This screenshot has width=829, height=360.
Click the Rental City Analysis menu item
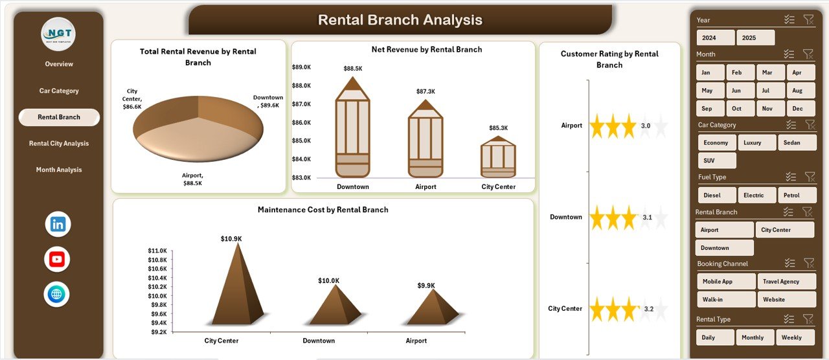pos(59,144)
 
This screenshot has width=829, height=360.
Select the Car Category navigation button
pos(59,91)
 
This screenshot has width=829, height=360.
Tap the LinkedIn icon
pos(58,225)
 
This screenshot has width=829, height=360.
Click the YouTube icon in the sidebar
pos(57,260)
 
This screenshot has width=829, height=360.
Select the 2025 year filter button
pos(755,38)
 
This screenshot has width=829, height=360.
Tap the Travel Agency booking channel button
pos(787,282)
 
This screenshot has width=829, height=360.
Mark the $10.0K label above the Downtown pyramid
pos(328,280)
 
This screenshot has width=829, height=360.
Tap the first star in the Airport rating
pos(596,126)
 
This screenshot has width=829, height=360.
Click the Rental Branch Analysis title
pos(400,20)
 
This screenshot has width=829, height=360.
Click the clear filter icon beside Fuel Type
pos(809,177)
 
